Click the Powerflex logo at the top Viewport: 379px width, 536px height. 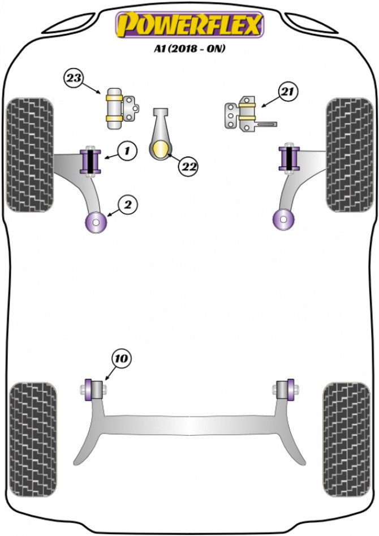pyautogui.click(x=189, y=25)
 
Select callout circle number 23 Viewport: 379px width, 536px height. pyautogui.click(x=73, y=78)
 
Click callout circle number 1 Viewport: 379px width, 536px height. pyautogui.click(x=127, y=151)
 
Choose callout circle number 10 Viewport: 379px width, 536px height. pyautogui.click(x=122, y=358)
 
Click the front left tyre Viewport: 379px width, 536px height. pyautogui.click(x=30, y=154)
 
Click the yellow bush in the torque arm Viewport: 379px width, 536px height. pyautogui.click(x=161, y=151)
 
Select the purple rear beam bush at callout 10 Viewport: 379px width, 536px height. pyautogui.click(x=90, y=390)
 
